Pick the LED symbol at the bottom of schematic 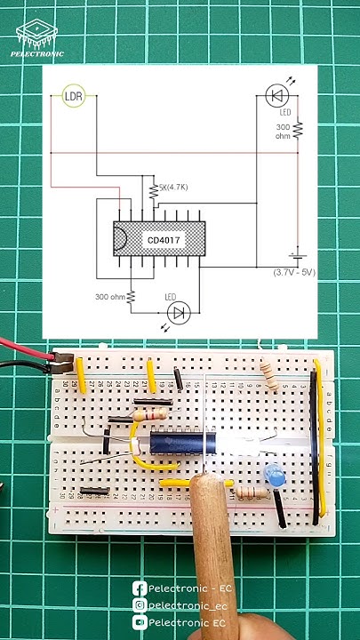pyautogui.click(x=180, y=311)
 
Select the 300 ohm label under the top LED pyautogui.click(x=284, y=132)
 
